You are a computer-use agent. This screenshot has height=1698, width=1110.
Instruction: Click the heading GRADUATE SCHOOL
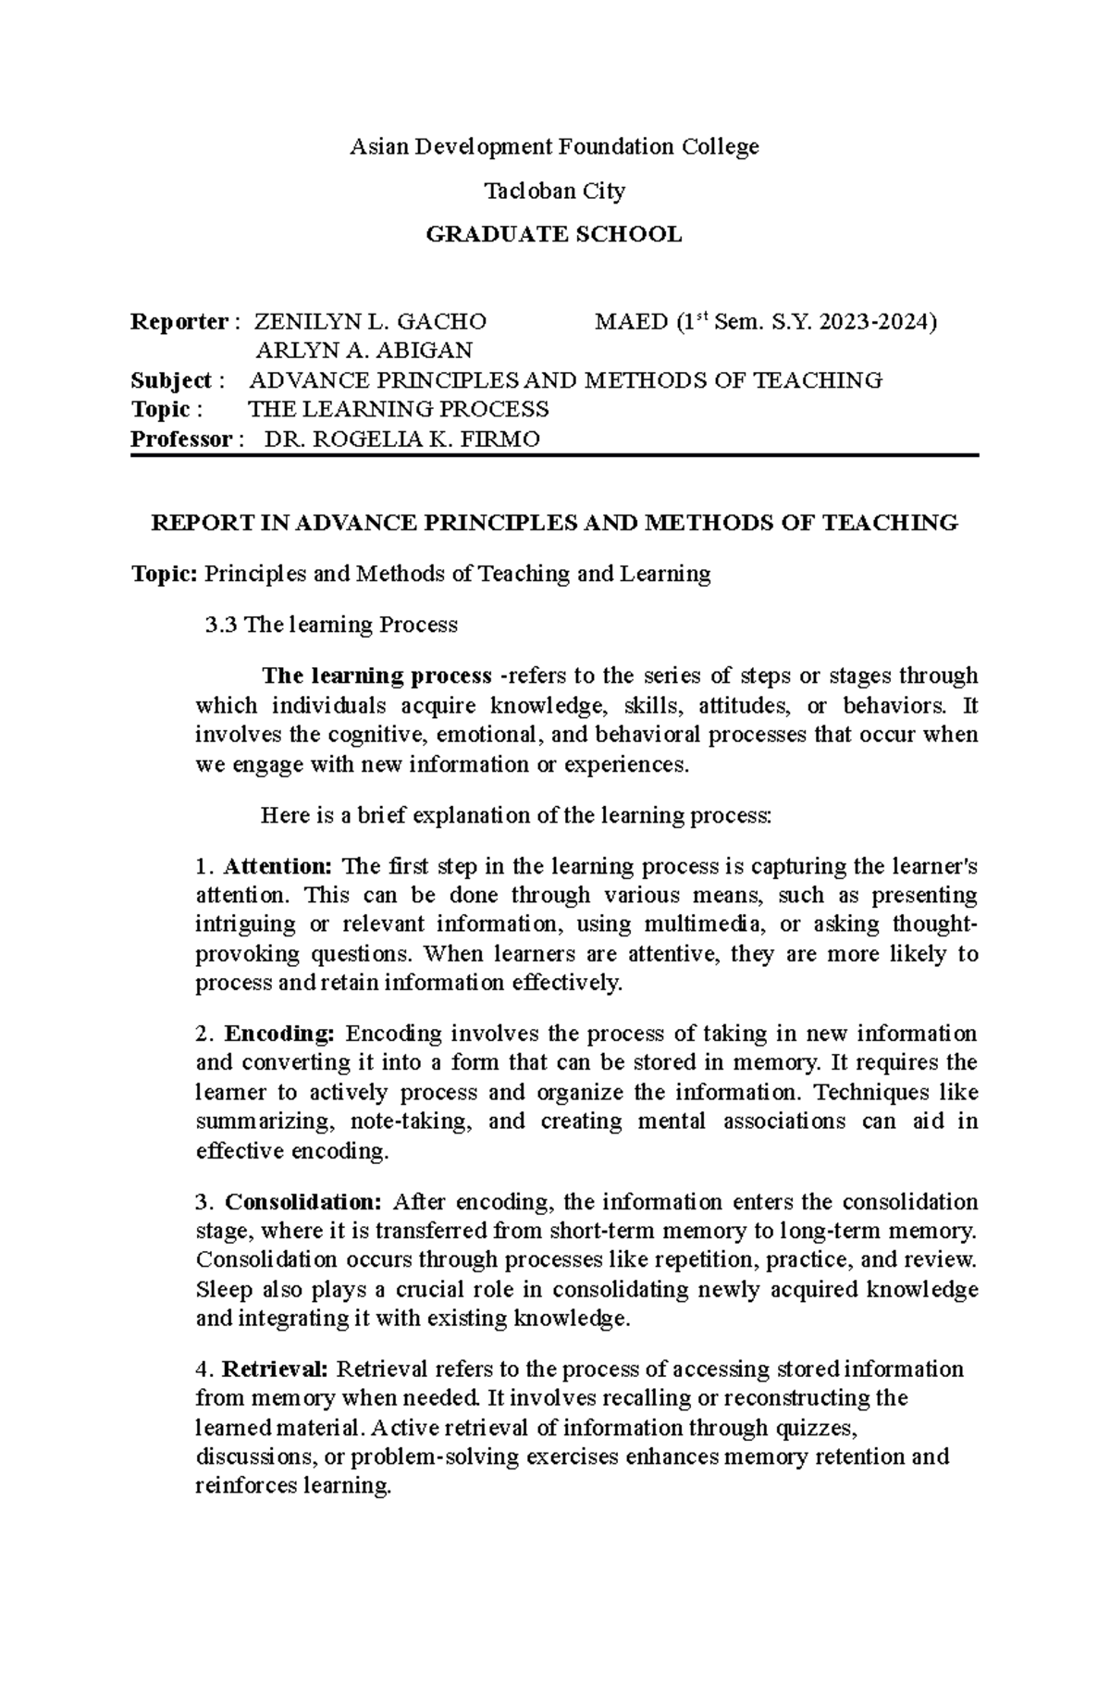553,235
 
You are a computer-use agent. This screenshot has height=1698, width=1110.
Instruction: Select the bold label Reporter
179,322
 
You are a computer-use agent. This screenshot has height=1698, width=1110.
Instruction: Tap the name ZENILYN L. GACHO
370,322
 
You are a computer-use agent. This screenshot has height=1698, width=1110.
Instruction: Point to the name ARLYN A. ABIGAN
364,351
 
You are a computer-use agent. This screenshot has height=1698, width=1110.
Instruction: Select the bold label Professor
181,439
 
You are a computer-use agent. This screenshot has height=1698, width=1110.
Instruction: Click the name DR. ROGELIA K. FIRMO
401,439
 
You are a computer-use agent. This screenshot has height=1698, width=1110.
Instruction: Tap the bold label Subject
171,380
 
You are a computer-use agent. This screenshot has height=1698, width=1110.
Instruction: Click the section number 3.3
221,625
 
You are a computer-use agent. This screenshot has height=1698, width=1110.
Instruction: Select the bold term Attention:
278,867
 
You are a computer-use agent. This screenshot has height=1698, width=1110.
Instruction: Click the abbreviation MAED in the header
632,322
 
